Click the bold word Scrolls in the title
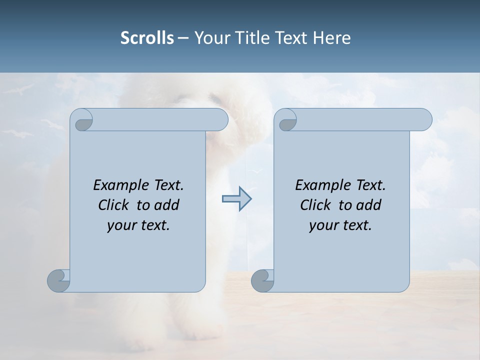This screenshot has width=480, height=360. click(147, 38)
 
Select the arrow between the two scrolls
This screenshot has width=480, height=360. click(236, 199)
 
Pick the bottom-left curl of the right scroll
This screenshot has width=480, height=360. click(262, 280)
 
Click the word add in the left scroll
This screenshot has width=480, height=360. click(167, 205)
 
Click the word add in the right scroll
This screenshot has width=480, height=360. click(369, 205)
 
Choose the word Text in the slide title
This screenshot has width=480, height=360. click(291, 38)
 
